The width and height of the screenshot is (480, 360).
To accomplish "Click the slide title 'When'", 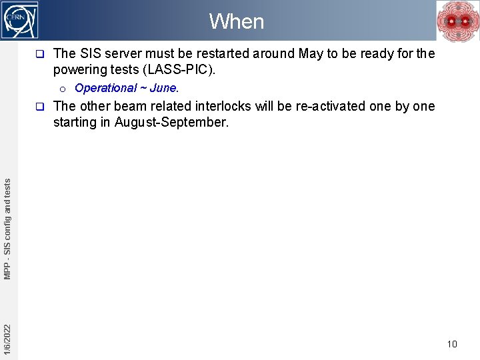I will click(x=237, y=21).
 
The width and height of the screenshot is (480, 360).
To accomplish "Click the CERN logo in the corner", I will click(x=20, y=20).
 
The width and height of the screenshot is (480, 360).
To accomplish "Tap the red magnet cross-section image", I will click(x=457, y=21).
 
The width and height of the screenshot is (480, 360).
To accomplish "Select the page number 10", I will click(x=452, y=344).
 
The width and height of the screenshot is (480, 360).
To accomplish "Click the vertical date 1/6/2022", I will click(x=7, y=339).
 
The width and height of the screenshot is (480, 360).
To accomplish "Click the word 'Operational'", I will click(x=105, y=88).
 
